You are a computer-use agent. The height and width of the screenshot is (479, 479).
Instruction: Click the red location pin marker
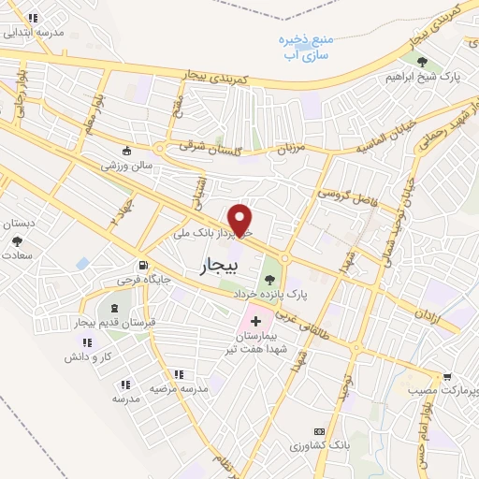(241, 219)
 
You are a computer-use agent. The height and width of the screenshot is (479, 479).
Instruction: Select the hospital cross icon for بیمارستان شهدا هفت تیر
(255, 321)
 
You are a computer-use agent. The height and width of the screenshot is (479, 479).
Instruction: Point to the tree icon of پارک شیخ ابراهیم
(422, 62)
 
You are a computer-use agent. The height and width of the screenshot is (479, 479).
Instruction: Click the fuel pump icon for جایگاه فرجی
(143, 265)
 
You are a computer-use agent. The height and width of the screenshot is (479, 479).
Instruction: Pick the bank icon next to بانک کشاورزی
(318, 431)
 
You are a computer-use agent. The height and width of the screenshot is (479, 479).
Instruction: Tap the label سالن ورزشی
(127, 166)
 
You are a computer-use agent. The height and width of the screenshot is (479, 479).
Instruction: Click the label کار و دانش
(89, 357)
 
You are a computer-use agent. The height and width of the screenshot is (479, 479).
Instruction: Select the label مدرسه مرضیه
(179, 387)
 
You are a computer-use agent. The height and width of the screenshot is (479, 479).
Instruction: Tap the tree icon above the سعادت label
(17, 241)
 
